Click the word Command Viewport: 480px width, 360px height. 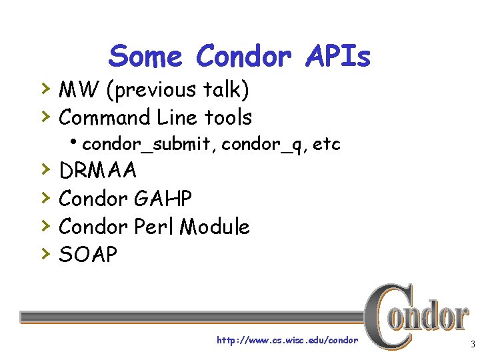point(105,118)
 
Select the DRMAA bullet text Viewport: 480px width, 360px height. point(98,171)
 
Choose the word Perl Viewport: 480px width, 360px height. point(155,227)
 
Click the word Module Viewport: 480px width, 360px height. point(215,227)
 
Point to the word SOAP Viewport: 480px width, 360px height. point(88,254)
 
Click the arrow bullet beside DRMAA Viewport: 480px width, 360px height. point(45,170)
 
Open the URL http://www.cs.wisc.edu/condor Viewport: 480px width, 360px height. point(287,341)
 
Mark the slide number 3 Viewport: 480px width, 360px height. point(472,345)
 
